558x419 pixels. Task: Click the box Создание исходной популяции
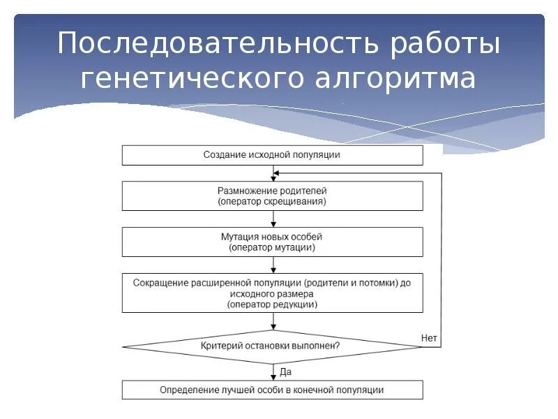pyautogui.click(x=272, y=155)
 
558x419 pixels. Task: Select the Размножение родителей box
pyautogui.click(x=272, y=196)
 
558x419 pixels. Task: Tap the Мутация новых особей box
pyautogui.click(x=272, y=242)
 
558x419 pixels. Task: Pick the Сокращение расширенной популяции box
pyautogui.click(x=272, y=293)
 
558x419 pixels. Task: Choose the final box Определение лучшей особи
pyautogui.click(x=272, y=390)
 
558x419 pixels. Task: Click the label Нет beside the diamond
pyautogui.click(x=429, y=338)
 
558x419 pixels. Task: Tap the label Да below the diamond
pyautogui.click(x=285, y=372)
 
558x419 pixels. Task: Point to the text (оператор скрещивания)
pyautogui.click(x=272, y=201)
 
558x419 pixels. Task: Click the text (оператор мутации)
pyautogui.click(x=272, y=248)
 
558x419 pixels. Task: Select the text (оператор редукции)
pyautogui.click(x=272, y=304)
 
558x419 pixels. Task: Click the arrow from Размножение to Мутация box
pyautogui.click(x=273, y=219)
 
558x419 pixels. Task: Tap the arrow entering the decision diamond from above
pyautogui.click(x=273, y=321)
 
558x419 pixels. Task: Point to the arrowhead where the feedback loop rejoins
pyautogui.click(x=277, y=172)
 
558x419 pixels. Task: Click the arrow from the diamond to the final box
pyautogui.click(x=273, y=372)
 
